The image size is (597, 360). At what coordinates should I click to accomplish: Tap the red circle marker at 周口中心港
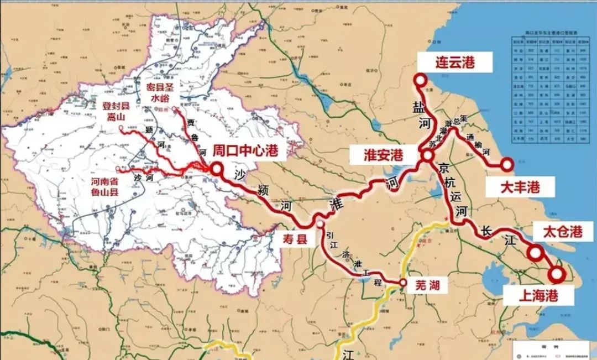(x=217, y=168)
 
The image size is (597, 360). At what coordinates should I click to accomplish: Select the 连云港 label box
(x=447, y=61)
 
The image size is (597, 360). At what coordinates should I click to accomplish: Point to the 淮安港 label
(x=383, y=155)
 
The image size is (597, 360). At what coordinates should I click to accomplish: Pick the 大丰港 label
(x=519, y=187)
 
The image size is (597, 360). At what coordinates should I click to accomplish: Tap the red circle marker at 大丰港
(x=507, y=164)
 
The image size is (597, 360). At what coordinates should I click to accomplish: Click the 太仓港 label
(x=563, y=232)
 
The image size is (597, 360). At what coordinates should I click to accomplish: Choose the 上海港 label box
(x=538, y=295)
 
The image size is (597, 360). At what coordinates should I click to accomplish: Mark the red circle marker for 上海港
(x=557, y=274)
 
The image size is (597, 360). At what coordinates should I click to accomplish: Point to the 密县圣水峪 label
(x=160, y=92)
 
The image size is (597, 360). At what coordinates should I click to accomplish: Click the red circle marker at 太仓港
(x=535, y=253)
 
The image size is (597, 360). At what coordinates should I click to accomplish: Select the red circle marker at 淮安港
(x=427, y=157)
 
